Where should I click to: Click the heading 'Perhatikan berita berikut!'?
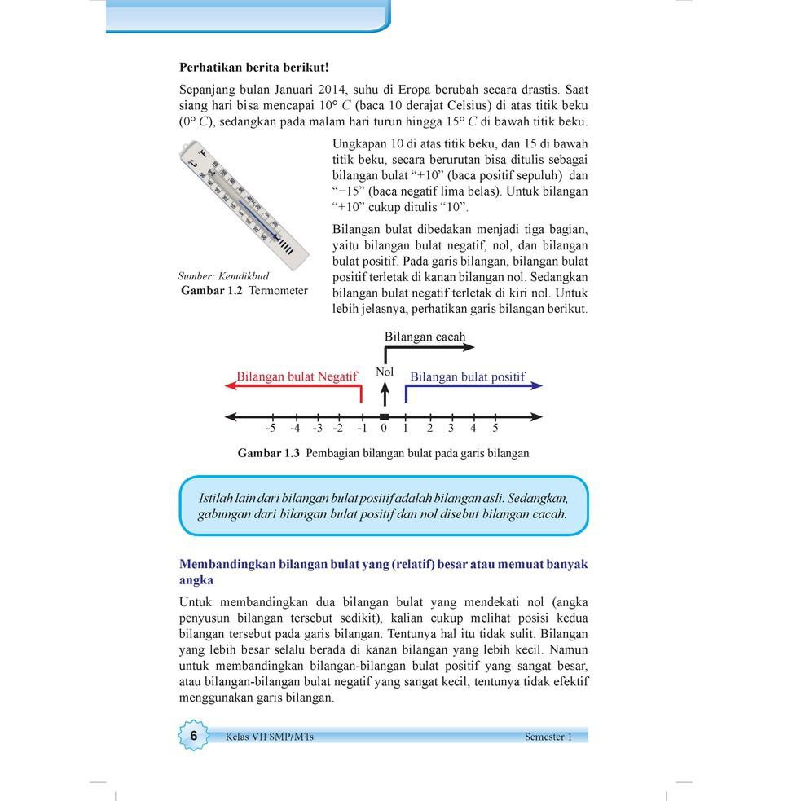coord(253,68)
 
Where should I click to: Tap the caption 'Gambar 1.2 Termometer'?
coord(244,290)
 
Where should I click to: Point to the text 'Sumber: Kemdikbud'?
coord(222,276)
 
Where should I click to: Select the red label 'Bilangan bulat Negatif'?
coord(297,376)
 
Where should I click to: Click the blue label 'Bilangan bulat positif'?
coord(467,376)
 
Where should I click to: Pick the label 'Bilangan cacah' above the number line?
coord(425,337)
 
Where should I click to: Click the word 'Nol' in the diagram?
coord(385,372)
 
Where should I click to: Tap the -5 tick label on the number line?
coord(271,428)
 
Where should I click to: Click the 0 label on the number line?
coord(384,428)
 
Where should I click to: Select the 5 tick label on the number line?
coord(495,428)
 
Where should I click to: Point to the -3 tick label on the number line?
coord(317,428)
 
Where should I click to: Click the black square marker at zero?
coord(385,416)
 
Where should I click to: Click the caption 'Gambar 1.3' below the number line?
coord(269,453)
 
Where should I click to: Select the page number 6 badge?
coord(194,736)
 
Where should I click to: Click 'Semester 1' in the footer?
coord(548,737)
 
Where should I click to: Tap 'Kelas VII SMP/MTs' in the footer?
coord(269,737)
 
